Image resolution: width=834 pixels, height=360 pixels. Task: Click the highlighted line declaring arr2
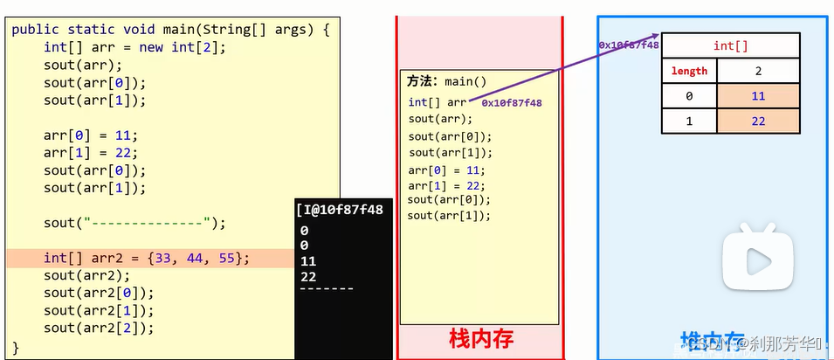147,258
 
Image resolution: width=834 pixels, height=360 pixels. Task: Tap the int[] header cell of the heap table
730,45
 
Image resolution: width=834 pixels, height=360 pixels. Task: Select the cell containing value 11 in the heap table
757,96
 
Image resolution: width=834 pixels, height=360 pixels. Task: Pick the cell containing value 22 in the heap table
757,121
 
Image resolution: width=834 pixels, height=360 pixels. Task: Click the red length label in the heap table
689,71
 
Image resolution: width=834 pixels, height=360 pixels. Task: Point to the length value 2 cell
757,71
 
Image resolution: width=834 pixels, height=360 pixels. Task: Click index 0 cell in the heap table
689,96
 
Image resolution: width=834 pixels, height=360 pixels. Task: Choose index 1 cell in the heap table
689,121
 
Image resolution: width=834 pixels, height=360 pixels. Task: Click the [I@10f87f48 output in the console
341,210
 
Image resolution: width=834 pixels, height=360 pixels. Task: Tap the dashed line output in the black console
326,288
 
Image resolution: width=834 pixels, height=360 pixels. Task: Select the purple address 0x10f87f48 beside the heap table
628,45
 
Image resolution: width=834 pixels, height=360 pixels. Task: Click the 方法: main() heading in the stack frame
447,81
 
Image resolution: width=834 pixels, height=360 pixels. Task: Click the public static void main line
170,30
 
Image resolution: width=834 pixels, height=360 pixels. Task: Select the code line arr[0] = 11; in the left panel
91,135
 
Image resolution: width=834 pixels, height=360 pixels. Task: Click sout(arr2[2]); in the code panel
99,328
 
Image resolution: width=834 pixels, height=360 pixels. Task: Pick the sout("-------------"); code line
134,223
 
